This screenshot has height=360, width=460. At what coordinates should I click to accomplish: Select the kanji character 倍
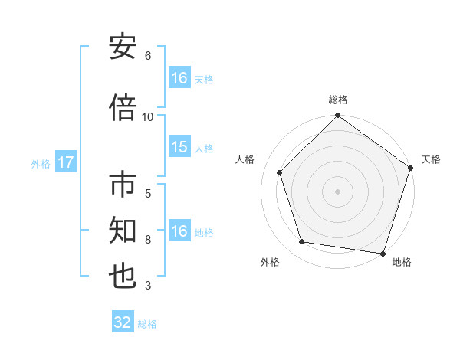click(123, 108)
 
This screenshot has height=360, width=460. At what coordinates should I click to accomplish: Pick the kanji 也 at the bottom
click(123, 277)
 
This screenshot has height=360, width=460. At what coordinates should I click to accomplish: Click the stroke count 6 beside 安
click(148, 56)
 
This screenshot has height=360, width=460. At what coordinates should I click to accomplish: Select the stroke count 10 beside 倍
click(148, 116)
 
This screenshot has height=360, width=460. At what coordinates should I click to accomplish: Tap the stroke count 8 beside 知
click(148, 240)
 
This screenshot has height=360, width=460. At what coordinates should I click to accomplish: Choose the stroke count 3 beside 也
click(148, 286)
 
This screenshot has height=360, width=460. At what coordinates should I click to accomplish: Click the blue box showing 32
click(123, 322)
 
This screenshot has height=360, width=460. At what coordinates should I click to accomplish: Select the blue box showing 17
click(65, 162)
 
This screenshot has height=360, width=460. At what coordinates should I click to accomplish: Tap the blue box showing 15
click(179, 148)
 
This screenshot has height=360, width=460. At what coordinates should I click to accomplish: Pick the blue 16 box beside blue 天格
click(179, 78)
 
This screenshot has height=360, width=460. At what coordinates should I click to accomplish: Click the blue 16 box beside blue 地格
click(179, 232)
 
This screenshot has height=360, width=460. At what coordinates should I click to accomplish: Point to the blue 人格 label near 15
click(204, 149)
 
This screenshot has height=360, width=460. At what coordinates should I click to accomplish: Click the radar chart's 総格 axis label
click(337, 100)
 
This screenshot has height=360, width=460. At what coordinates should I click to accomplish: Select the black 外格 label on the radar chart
click(270, 262)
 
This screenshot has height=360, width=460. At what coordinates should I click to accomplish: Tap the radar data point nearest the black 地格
click(383, 253)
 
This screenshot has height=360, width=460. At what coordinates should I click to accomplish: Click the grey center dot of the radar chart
click(337, 191)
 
